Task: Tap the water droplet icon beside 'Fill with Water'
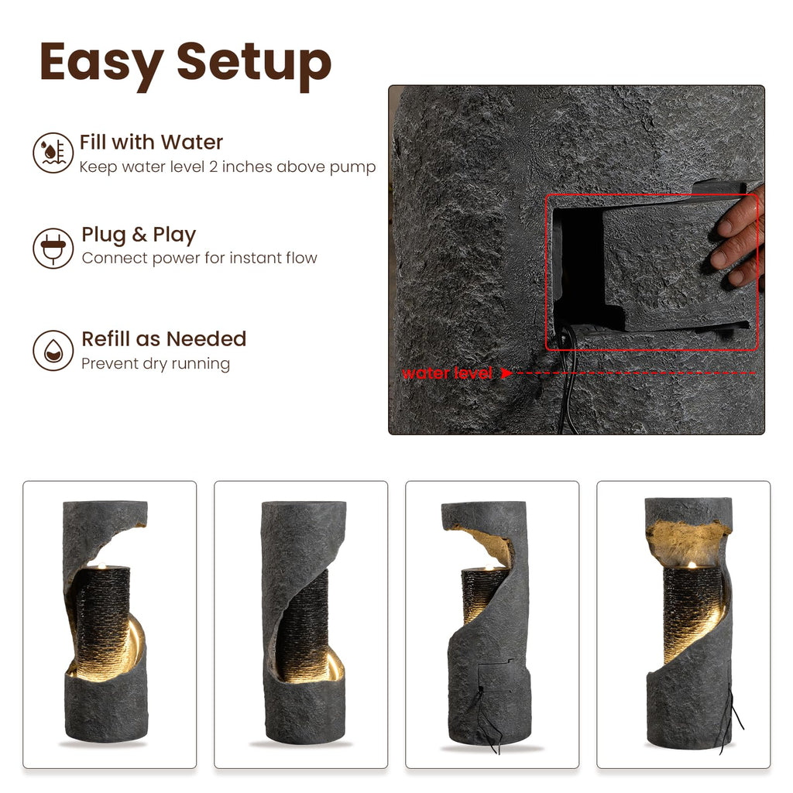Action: click(53, 153)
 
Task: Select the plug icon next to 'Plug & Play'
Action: click(53, 248)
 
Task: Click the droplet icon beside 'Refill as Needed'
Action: click(53, 350)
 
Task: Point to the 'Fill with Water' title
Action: click(151, 142)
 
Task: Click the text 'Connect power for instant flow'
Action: click(199, 258)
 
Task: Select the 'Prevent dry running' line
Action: click(156, 364)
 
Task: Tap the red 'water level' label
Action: click(447, 373)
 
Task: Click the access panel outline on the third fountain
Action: click(496, 675)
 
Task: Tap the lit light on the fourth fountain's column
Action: click(692, 565)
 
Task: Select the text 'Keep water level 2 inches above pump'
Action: click(228, 167)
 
